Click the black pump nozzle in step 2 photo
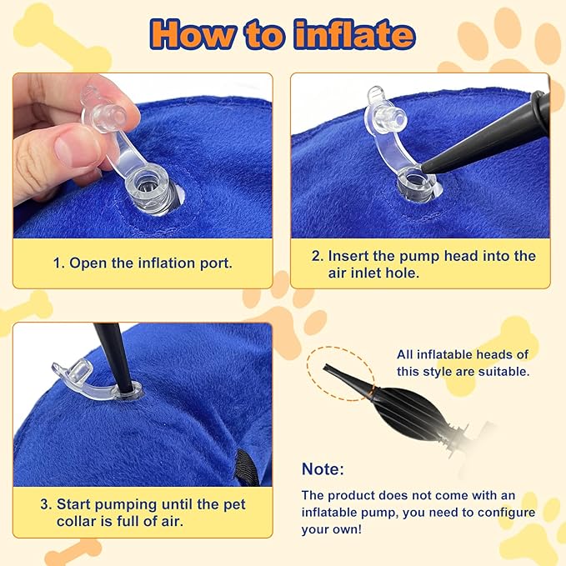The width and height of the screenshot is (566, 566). pyautogui.click(x=483, y=133)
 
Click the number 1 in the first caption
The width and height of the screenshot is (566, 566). pyautogui.click(x=58, y=263)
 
